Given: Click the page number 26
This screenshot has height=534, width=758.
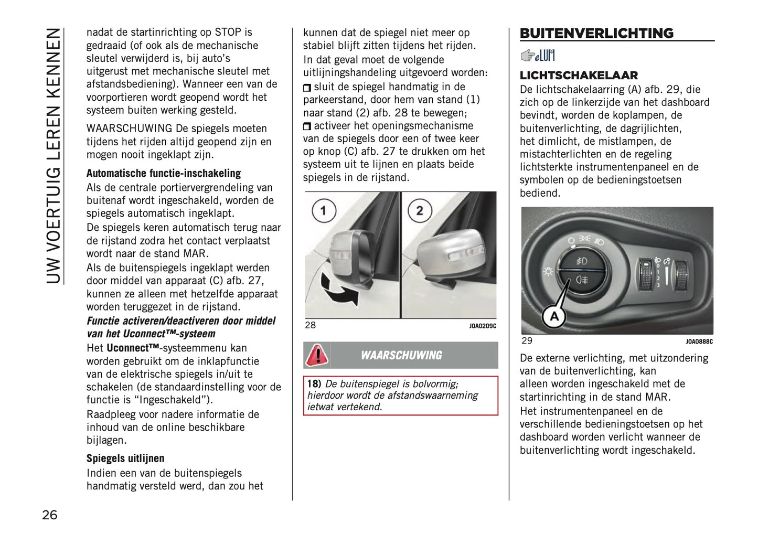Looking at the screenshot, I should (x=50, y=515).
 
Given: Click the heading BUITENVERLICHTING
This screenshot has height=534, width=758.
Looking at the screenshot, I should (x=596, y=33).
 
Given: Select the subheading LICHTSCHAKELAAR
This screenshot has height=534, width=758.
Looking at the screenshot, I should (x=579, y=75).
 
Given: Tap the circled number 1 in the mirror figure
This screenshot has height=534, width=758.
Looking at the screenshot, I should (x=324, y=211).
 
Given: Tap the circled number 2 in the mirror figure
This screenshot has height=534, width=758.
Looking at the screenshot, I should (x=420, y=211).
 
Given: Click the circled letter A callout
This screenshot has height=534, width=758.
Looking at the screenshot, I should (x=554, y=317).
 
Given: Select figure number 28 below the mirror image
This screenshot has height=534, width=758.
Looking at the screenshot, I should (x=311, y=325).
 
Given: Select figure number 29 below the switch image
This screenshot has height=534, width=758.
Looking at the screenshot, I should (x=527, y=341).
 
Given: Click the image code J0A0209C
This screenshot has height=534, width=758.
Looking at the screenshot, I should (x=482, y=326).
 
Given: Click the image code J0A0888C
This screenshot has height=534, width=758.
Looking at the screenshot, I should (x=699, y=342).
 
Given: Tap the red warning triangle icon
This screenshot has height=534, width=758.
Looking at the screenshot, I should (x=317, y=355).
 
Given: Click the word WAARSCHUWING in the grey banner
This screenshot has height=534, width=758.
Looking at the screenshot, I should (x=401, y=356).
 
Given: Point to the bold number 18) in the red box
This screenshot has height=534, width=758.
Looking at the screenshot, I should (x=314, y=384).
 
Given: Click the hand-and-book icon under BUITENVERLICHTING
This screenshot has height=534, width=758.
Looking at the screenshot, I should (x=537, y=55).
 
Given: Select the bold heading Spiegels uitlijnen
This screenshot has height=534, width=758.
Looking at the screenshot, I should (x=125, y=458).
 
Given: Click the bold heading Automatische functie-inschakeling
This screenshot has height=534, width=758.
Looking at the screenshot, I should (x=163, y=174).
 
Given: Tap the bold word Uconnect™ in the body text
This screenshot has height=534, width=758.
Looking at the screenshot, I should (x=133, y=348).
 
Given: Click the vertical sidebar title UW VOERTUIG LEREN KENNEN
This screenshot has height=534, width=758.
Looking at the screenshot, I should (x=54, y=155).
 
